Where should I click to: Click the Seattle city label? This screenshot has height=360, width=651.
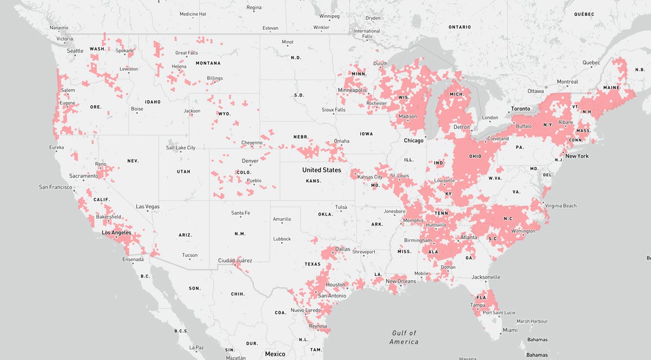[x=75, y=51]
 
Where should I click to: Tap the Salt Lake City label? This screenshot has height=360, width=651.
[x=181, y=148]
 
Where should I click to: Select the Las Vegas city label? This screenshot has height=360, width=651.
[x=148, y=207]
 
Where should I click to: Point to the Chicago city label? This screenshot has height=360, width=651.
[x=413, y=140]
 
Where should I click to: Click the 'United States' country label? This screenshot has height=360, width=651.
[x=322, y=170]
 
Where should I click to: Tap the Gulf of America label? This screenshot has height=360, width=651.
[x=404, y=337]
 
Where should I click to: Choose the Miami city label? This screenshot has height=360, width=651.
[x=509, y=330]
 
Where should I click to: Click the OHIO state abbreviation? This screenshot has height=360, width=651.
[x=475, y=157]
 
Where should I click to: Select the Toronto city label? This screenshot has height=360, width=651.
[x=520, y=109]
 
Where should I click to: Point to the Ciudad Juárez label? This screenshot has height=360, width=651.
[x=234, y=261]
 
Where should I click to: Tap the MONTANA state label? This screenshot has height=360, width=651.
[x=208, y=63]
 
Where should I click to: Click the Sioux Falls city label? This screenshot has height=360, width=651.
[x=333, y=110]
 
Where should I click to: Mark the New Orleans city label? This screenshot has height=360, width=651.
[x=400, y=281]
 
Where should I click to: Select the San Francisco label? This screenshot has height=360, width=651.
[x=55, y=187]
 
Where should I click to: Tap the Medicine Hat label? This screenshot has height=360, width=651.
[x=193, y=14]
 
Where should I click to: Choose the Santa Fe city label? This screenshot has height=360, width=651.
[x=240, y=213]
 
